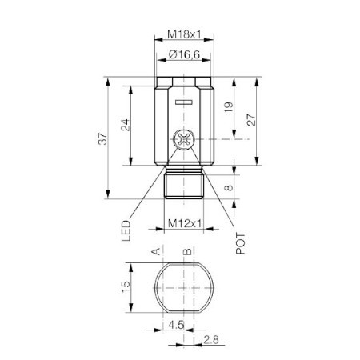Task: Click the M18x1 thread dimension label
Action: [184, 34]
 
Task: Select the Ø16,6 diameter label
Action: [184, 54]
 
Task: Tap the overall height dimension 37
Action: [102, 138]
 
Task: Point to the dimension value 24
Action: [126, 125]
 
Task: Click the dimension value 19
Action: [229, 107]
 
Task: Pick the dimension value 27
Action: [251, 120]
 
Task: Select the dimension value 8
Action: [229, 188]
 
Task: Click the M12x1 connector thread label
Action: [185, 223]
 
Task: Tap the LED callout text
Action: [126, 230]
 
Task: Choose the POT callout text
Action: [240, 243]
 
